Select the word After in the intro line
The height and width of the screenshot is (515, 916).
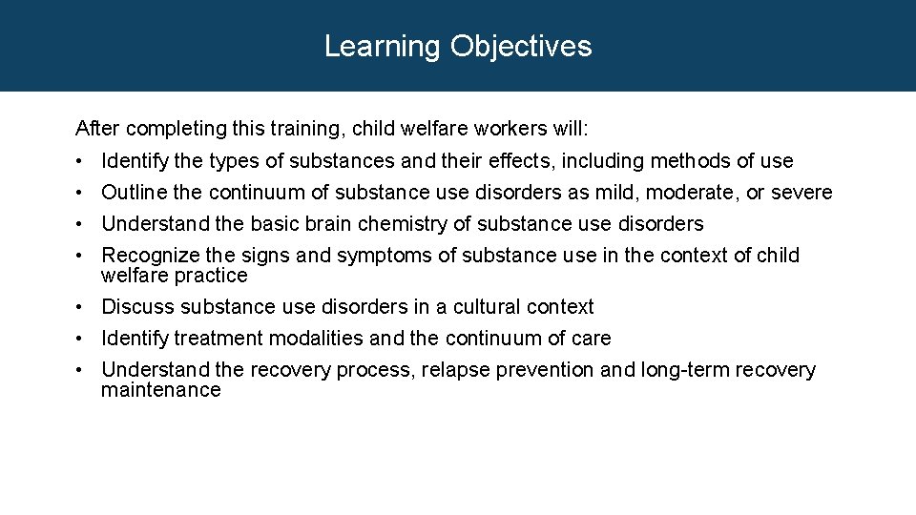click(x=98, y=128)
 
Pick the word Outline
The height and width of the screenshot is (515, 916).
click(x=135, y=193)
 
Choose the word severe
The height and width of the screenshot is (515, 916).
click(x=801, y=193)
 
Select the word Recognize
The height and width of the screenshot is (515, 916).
click(x=148, y=256)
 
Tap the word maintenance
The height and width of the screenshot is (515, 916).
click(x=160, y=390)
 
